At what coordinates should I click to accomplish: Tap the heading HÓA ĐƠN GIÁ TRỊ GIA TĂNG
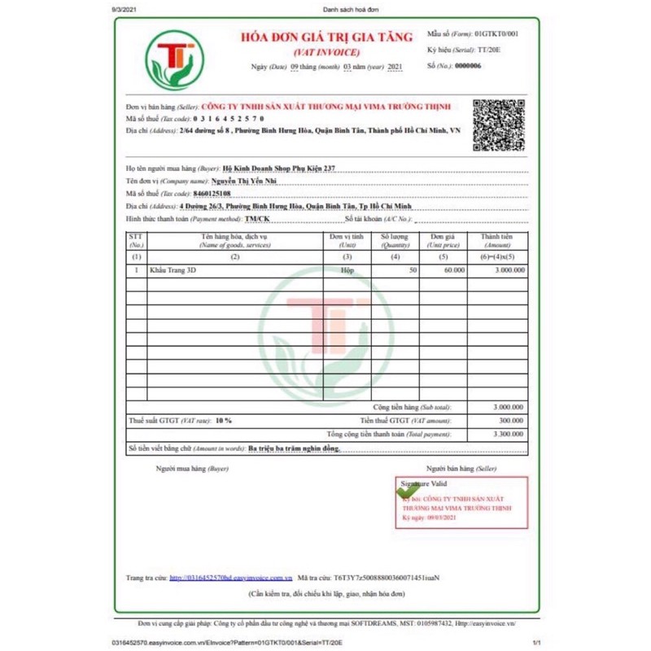[x=326, y=36]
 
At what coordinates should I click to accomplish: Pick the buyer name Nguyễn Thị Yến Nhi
[x=244, y=181]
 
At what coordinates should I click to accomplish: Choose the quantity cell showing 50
[x=413, y=269]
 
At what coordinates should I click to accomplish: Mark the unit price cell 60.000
[x=453, y=269]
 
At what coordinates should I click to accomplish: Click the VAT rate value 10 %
[x=223, y=420]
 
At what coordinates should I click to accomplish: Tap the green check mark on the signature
[x=408, y=490]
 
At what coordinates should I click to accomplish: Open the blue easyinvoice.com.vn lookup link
[x=230, y=578]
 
